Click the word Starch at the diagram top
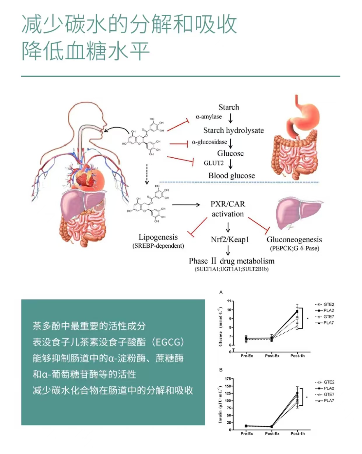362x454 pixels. click(229, 107)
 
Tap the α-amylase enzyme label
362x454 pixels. click(209, 117)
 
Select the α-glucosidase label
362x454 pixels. click(209, 142)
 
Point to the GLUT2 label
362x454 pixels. click(214, 163)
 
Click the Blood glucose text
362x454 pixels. click(231, 176)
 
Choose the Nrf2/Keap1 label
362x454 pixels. click(230, 240)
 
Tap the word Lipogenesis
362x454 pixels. click(158, 237)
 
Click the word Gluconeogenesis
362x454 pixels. click(294, 240)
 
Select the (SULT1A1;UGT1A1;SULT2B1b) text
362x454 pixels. click(231, 269)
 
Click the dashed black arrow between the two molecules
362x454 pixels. click(147, 174)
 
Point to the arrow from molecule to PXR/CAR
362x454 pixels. click(186, 205)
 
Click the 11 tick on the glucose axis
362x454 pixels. click(229, 301)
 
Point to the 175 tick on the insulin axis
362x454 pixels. click(228, 379)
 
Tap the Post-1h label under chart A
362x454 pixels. click(297, 356)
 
